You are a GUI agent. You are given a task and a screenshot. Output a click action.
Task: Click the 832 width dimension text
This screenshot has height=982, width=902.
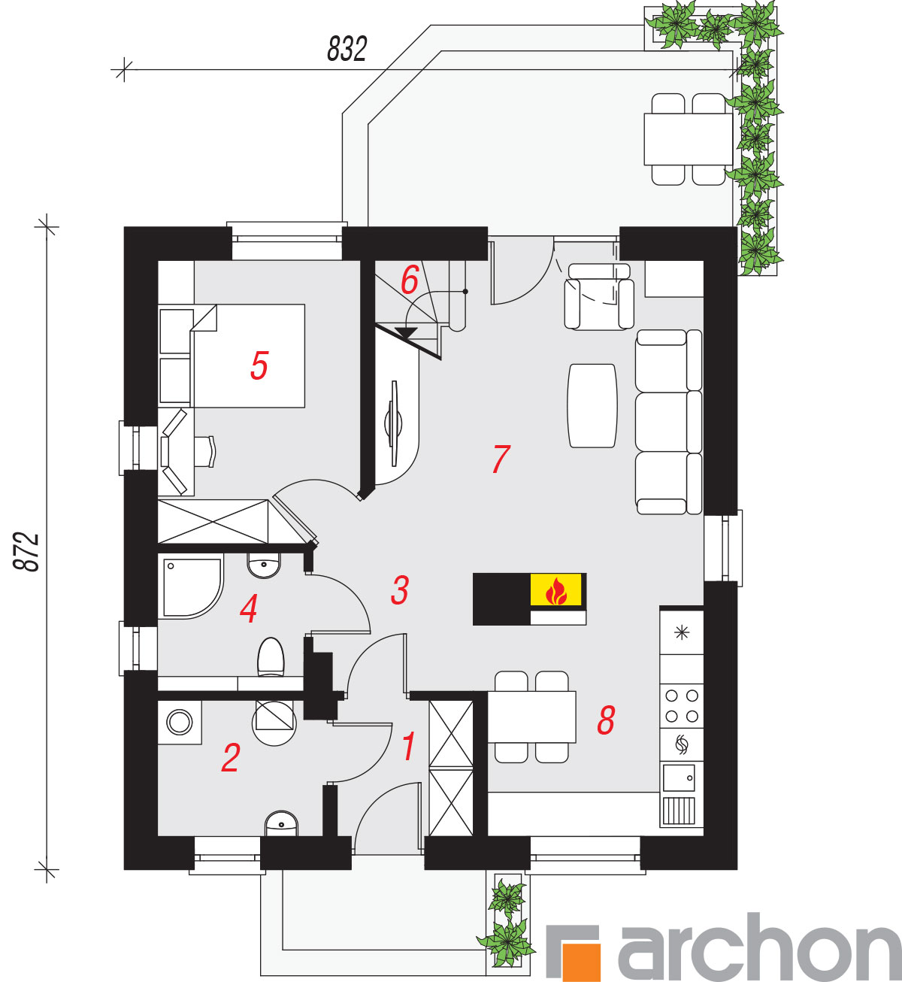coord(347,49)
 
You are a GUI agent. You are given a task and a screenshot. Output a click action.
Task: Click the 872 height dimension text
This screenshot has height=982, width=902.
coord(26,551)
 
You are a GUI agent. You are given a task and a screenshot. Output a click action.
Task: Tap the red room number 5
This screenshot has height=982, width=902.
coord(259,365)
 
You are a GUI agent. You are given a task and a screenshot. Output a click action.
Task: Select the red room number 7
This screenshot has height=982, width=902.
coord(501,459)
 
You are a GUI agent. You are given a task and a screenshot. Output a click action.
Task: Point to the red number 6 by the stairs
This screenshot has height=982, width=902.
coord(409,280)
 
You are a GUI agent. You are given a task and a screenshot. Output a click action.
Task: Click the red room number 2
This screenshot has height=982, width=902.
coord(231,758)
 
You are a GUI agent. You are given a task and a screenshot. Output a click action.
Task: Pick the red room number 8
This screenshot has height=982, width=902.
coord(606,720)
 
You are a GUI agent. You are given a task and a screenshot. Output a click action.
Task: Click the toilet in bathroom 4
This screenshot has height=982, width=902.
coord(271,657)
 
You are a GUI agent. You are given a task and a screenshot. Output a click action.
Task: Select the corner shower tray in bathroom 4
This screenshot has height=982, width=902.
coord(193,587)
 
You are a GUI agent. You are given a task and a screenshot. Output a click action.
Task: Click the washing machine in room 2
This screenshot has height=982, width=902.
coord(180,722)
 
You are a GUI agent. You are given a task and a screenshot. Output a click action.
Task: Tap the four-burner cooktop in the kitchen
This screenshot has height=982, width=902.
coord(681,706)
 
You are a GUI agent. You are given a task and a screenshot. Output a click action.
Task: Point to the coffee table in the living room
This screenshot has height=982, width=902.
coord(592,406)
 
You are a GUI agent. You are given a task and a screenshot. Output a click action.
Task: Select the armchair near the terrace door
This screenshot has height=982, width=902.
coord(599,297)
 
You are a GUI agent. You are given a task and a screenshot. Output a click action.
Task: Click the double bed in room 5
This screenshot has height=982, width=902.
coord(248,356)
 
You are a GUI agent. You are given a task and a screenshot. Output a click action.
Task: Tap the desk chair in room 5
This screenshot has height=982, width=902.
coord(205,451)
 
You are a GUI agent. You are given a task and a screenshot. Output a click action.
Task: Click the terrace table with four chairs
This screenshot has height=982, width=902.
coord(688,139)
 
